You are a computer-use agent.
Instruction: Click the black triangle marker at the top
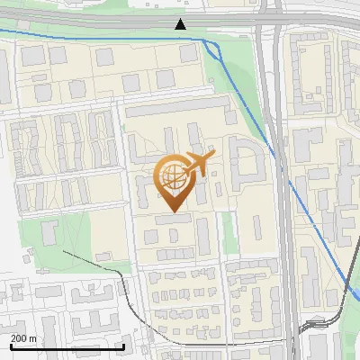point(181,24)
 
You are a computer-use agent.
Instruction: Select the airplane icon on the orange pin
point(196,164)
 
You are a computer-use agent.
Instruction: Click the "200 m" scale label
point(23,337)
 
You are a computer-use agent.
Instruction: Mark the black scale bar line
point(67,346)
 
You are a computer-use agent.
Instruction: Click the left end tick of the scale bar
point(11,346)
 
